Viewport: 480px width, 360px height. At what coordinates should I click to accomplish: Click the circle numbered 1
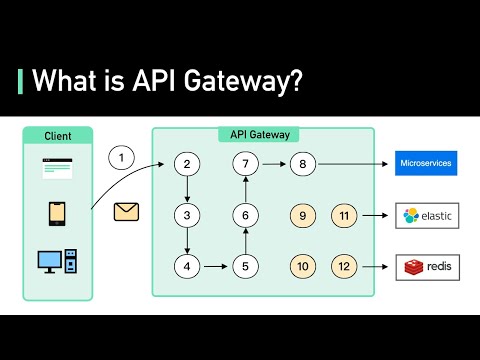click(x=121, y=158)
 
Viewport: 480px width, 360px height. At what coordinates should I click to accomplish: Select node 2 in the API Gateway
click(x=186, y=164)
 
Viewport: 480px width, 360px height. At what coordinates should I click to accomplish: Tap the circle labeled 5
click(x=245, y=266)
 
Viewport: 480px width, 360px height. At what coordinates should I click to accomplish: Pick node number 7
click(x=245, y=164)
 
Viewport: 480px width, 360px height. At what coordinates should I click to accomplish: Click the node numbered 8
click(x=303, y=164)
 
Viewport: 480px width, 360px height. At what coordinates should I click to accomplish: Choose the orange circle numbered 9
click(x=303, y=215)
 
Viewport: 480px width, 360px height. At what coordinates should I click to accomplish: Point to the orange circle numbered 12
click(x=344, y=266)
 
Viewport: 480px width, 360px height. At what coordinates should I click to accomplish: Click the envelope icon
click(x=127, y=211)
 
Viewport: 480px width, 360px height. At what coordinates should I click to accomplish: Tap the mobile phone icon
click(x=58, y=214)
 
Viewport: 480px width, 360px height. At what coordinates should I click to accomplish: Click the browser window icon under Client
click(x=57, y=167)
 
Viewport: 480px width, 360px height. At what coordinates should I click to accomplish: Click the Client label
click(x=57, y=135)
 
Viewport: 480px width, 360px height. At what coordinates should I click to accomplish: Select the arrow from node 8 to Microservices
click(x=350, y=164)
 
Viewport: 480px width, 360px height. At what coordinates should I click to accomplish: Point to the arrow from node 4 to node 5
click(x=215, y=266)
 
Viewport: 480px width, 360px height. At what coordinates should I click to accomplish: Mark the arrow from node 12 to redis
click(x=375, y=266)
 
